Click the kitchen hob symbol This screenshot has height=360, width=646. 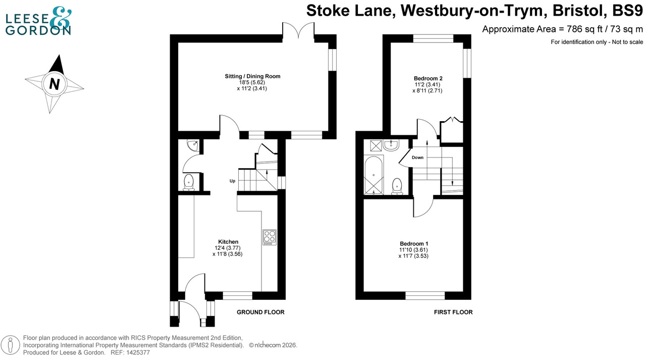coord(270,237)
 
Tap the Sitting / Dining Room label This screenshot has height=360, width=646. coord(252,76)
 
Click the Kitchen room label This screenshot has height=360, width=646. coord(228,241)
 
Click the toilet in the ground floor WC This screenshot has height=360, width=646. coord(188,182)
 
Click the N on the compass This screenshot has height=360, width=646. coord(54,84)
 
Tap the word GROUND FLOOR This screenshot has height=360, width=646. coord(260,312)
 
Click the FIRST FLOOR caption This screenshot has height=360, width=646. coord(453,312)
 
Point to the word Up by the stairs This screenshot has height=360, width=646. coord(233,180)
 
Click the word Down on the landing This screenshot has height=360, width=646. coord(417,158)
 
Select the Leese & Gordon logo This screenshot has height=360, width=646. coord(38,21)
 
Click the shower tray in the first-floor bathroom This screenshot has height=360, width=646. coord(376,145)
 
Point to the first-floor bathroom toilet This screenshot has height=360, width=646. coord(397,185)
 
